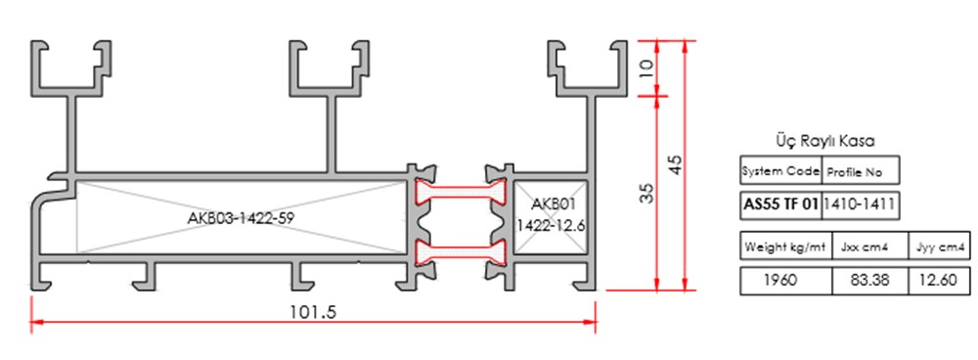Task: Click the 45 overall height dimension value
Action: click(x=674, y=165)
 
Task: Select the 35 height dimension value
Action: click(x=646, y=193)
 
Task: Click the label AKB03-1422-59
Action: click(x=242, y=218)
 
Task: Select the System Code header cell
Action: click(x=780, y=171)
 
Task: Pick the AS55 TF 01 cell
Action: click(x=779, y=204)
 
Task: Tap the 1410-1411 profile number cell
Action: click(x=859, y=204)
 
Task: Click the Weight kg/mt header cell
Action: click(x=784, y=246)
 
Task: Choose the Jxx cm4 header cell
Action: click(x=869, y=246)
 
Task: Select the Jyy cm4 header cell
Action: click(x=939, y=246)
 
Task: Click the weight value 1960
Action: click(x=784, y=280)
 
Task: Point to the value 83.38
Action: click(x=869, y=280)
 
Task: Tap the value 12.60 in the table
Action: click(x=939, y=280)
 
